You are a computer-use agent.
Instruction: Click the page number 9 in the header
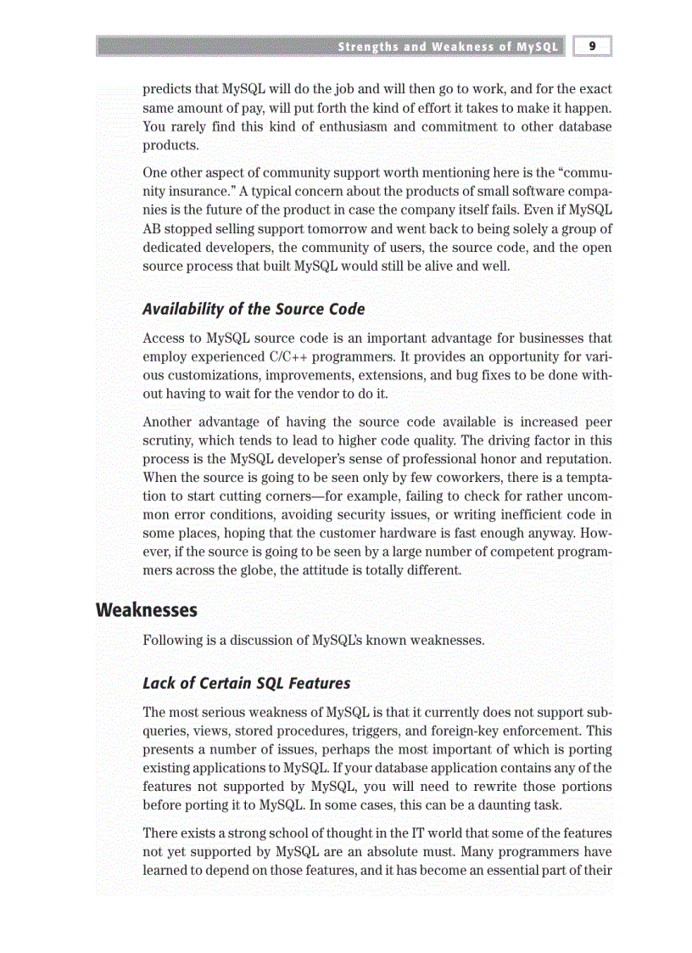593,47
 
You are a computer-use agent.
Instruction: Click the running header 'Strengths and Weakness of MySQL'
448,47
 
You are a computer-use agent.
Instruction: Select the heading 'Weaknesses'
147,610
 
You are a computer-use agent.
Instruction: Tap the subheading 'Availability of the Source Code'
254,309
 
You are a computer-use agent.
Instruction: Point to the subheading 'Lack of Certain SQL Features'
246,683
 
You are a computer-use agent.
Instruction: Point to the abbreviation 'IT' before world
411,833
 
